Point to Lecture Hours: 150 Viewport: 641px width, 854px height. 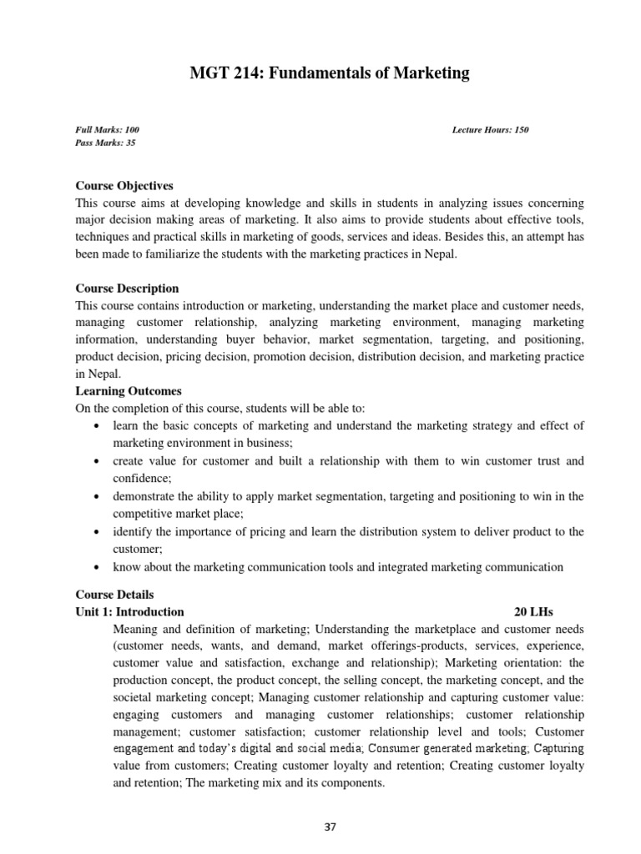490,130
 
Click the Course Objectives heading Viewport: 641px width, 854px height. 124,186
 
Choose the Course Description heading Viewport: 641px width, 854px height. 127,289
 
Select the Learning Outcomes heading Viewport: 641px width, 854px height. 129,391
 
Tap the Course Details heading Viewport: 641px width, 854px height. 115,595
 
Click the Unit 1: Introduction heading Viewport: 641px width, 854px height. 129,611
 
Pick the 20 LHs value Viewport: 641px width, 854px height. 534,611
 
